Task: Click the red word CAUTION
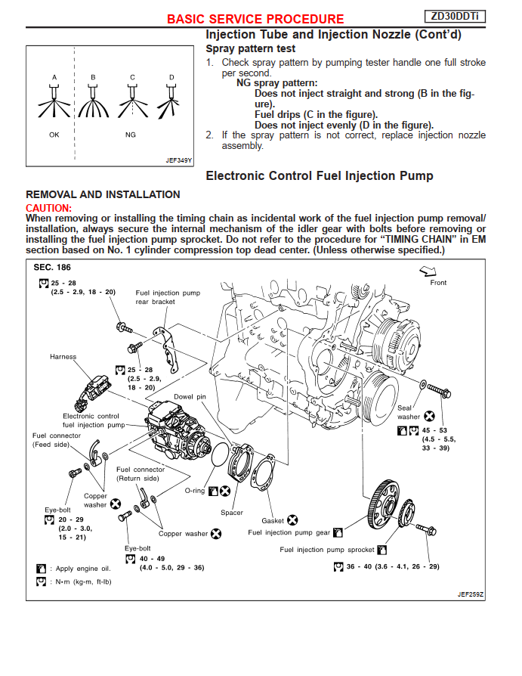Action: point(49,207)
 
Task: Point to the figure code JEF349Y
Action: point(179,160)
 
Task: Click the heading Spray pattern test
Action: point(245,48)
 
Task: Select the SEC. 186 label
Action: point(52,267)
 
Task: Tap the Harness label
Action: point(63,356)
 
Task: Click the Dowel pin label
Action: point(190,395)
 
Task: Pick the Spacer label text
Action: point(232,513)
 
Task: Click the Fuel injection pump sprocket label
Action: point(326,550)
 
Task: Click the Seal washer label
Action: point(409,412)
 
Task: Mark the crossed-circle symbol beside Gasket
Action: point(292,520)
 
